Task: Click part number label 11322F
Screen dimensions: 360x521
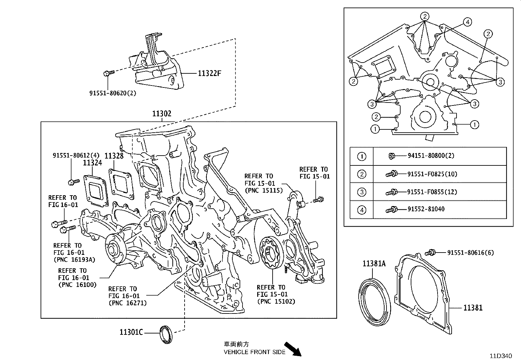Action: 209,73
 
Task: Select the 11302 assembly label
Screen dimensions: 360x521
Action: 162,114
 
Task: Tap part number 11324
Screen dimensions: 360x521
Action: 92,163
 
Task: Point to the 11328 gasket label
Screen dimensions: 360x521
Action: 114,156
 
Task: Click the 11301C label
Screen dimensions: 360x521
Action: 131,332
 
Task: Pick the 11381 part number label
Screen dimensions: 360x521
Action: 473,308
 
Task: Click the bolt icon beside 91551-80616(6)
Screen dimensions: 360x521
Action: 431,253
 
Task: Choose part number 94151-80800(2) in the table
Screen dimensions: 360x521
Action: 431,156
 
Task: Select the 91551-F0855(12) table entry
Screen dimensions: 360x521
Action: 432,192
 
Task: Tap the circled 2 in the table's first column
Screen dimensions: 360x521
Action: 362,174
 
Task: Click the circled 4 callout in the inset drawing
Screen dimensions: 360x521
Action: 467,22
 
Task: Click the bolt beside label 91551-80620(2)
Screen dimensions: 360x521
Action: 108,73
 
